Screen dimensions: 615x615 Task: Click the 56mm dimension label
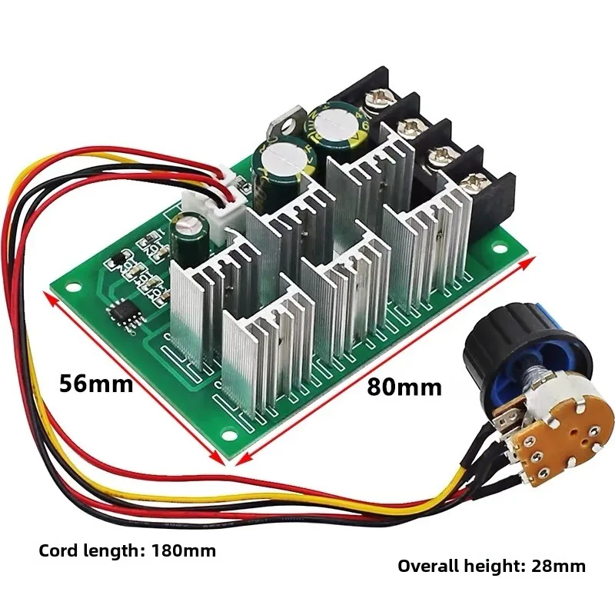(96, 383)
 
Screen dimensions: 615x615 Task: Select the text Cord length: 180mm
(128, 550)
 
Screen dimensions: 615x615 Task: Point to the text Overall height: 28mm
(491, 567)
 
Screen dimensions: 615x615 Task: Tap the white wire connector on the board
(218, 205)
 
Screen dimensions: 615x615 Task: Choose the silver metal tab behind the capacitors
(281, 123)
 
